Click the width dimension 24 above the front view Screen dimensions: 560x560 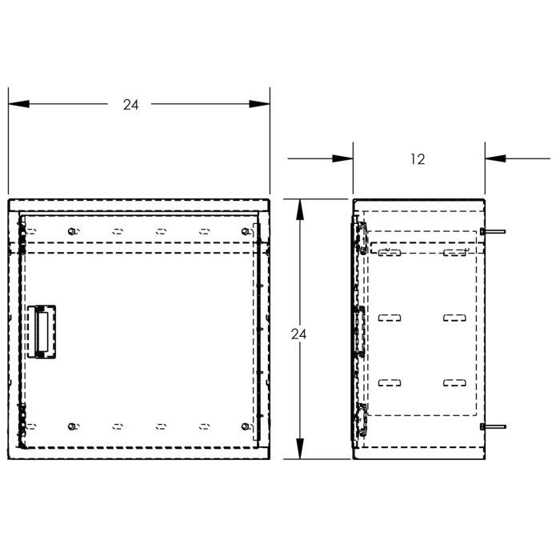click(131, 105)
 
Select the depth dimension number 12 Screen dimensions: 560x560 click(417, 159)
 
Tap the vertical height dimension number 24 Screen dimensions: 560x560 click(299, 334)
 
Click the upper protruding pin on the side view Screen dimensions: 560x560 click(494, 232)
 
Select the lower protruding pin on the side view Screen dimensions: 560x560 click(494, 427)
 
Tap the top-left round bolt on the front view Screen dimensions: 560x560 click(73, 231)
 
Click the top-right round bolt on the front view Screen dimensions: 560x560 click(244, 231)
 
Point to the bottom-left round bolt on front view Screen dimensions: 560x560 click(73, 426)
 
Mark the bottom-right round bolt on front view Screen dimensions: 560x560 click(244, 426)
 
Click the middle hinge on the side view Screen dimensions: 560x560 click(359, 328)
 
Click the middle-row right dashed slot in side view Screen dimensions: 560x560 click(455, 318)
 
